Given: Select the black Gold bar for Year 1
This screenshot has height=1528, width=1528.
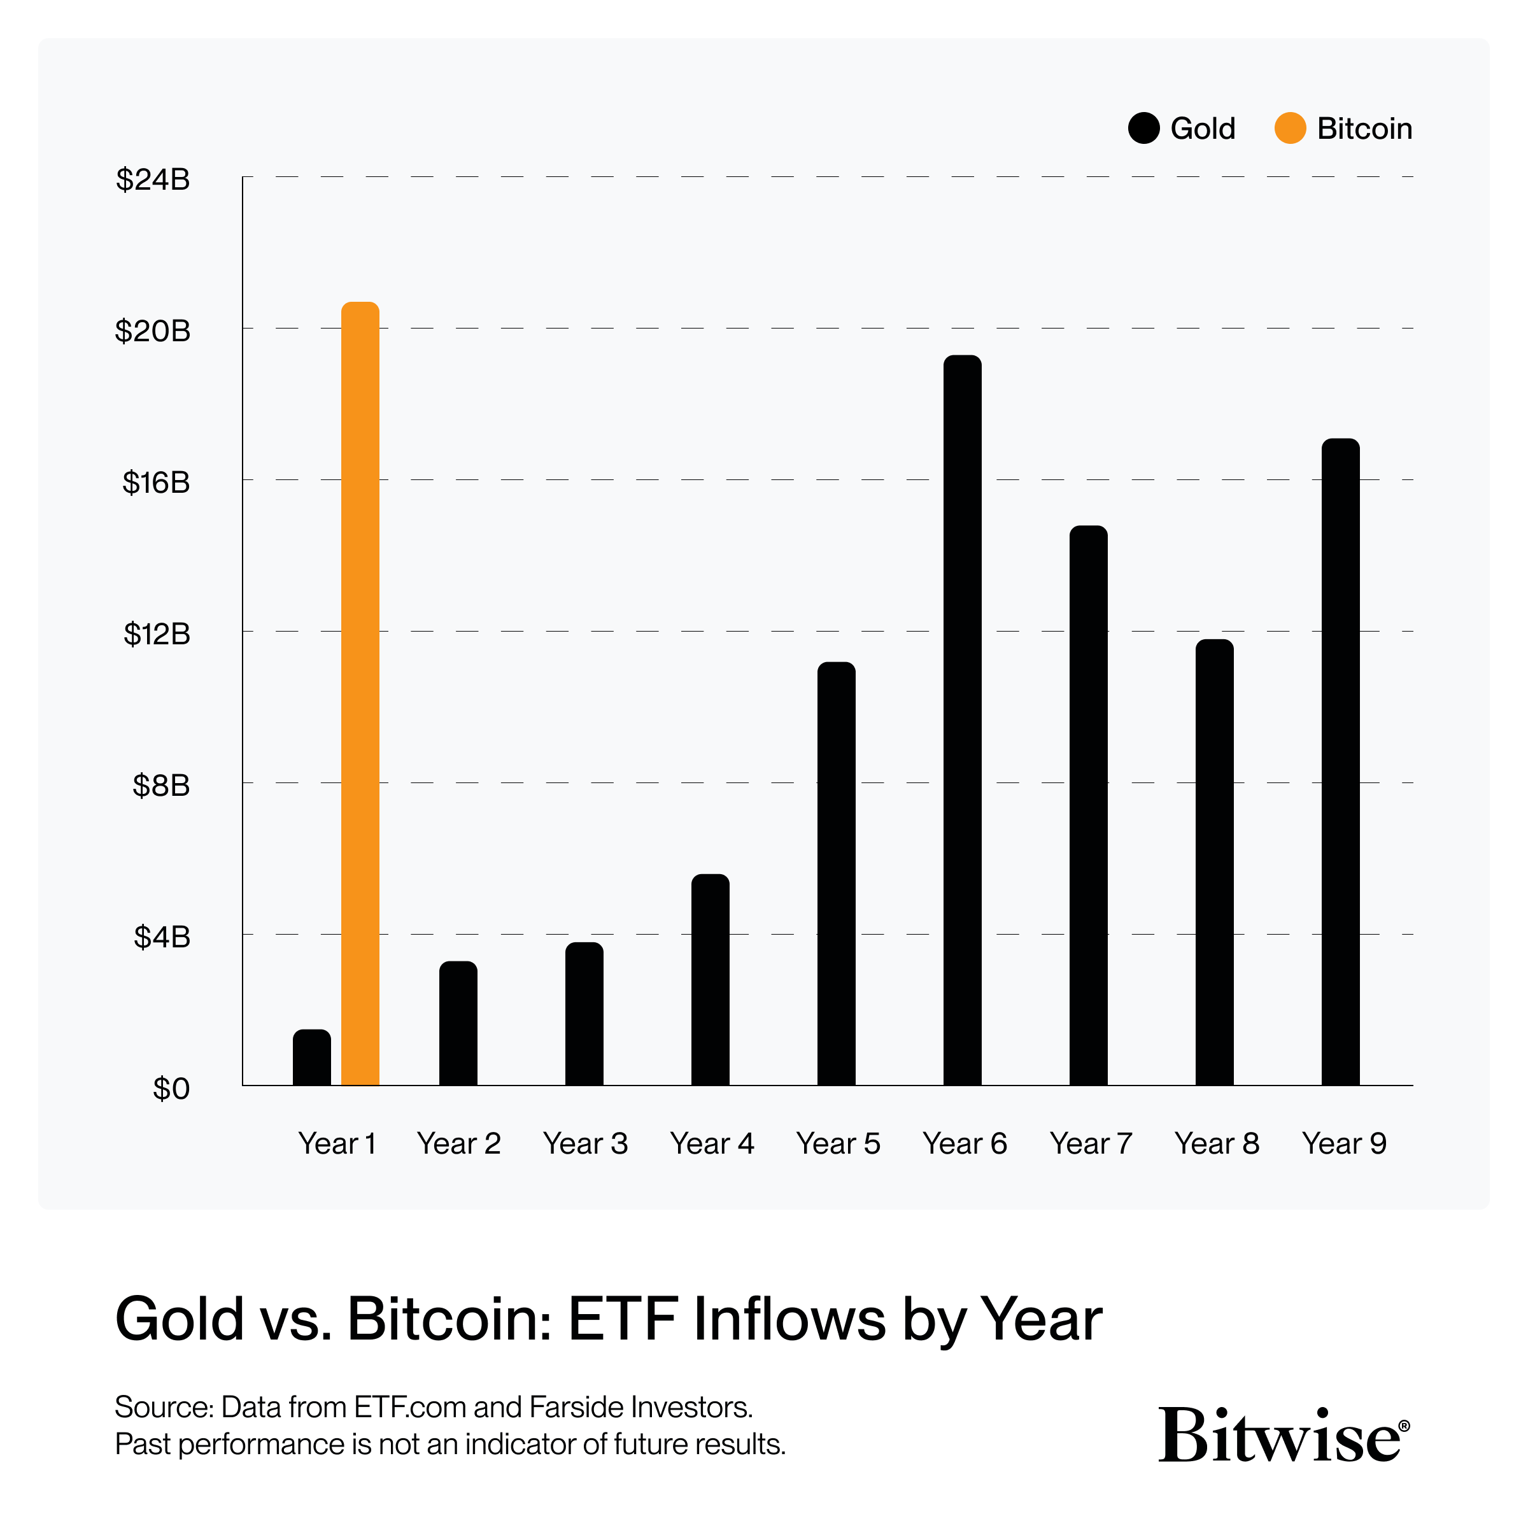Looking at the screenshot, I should click(x=311, y=1058).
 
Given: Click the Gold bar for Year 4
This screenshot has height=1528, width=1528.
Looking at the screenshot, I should click(x=711, y=980).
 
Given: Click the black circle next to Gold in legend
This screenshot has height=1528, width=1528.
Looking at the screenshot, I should click(x=1143, y=128).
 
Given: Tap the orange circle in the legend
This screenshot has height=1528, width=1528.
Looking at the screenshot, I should click(x=1290, y=128).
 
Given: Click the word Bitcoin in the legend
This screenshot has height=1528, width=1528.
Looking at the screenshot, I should click(x=1364, y=128).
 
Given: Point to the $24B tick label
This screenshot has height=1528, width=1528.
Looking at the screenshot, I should click(x=153, y=180).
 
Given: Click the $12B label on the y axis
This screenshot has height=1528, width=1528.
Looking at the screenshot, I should click(x=157, y=633).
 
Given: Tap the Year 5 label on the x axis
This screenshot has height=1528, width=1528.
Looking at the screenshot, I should click(x=838, y=1143).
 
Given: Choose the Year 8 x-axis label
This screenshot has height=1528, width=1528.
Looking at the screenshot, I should click(x=1217, y=1143).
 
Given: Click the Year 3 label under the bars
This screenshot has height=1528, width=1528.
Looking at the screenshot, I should click(x=584, y=1143).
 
